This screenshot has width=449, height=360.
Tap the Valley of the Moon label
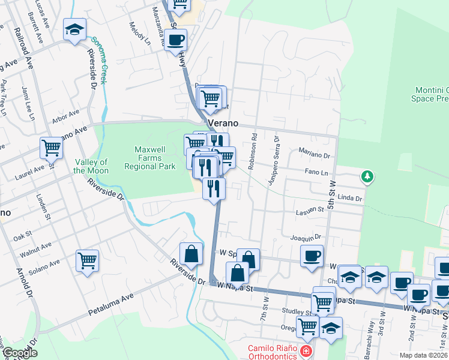(x=91, y=166)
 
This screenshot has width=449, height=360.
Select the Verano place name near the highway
(x=223, y=122)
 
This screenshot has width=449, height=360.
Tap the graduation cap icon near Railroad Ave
(x=74, y=30)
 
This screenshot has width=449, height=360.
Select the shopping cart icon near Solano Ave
(x=88, y=261)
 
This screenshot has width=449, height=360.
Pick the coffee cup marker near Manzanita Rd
(x=175, y=40)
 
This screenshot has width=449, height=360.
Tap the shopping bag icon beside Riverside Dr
(x=190, y=254)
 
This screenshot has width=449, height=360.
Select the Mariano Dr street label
(x=315, y=155)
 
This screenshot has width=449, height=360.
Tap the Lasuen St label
(x=310, y=210)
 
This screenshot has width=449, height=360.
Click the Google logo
(x=20, y=353)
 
